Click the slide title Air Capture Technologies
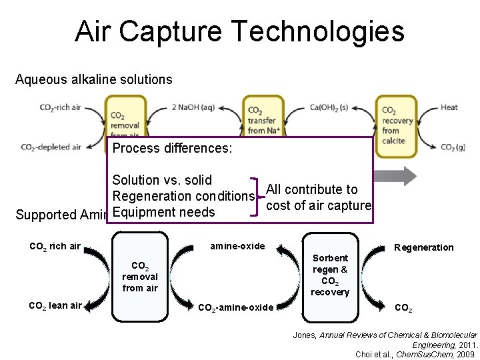[239, 31]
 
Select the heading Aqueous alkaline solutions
[93, 80]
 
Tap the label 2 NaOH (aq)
[193, 107]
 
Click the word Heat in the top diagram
[449, 107]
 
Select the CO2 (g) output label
[453, 147]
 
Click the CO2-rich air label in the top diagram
[60, 107]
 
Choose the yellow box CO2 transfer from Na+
[264, 120]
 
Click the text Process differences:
[172, 148]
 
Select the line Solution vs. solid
[162, 180]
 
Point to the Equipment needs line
[164, 212]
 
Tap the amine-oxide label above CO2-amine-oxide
[237, 246]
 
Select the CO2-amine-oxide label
[236, 307]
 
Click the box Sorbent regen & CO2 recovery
[330, 275]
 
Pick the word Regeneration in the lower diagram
[423, 247]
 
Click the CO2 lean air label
[55, 306]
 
